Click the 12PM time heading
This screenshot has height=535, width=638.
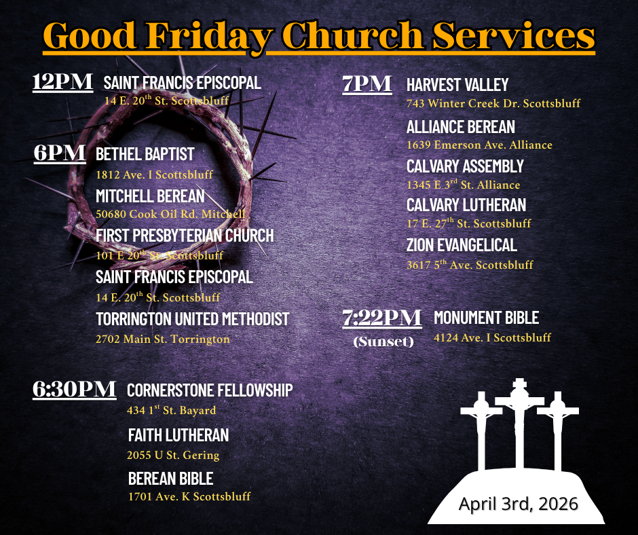click(x=62, y=82)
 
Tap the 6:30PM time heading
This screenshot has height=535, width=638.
click(x=74, y=389)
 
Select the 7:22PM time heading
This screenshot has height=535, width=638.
click(x=382, y=318)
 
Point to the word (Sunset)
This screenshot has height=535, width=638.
click(x=383, y=342)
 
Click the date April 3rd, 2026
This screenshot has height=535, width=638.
click(x=518, y=504)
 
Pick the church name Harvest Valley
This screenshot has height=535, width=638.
click(x=457, y=85)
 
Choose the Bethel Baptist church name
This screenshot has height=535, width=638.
click(x=145, y=155)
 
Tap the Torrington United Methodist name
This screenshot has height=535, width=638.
click(x=192, y=319)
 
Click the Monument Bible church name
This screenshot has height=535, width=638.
click(x=486, y=318)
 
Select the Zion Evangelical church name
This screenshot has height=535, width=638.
click(x=462, y=244)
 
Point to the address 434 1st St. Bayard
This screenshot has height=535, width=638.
click(x=171, y=410)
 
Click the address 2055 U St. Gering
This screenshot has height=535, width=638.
click(x=173, y=455)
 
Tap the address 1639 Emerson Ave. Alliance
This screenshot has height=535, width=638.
click(x=479, y=145)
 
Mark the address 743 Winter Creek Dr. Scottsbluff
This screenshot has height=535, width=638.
click(x=493, y=104)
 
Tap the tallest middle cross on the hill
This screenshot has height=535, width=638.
click(x=520, y=414)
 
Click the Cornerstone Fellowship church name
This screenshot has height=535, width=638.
click(x=210, y=390)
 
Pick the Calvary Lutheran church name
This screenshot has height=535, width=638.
click(x=466, y=205)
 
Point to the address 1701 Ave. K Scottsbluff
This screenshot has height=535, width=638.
click(x=189, y=496)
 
